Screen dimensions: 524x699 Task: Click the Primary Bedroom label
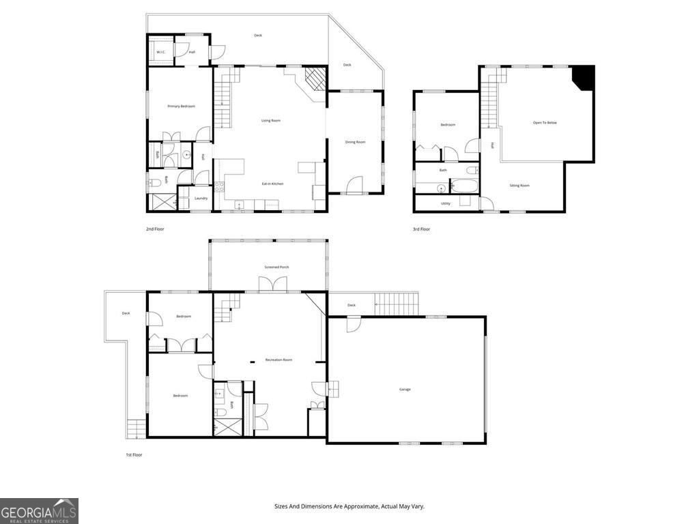point(182,106)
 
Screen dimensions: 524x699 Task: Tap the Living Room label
point(271,121)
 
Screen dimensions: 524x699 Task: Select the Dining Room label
point(355,142)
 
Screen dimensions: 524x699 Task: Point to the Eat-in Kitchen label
point(273,184)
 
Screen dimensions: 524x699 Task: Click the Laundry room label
point(201,199)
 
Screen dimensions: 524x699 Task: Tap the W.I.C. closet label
point(161,53)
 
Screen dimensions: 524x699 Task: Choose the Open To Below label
point(545,123)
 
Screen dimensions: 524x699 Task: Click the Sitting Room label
point(519,186)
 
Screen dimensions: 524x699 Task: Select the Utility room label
point(446,203)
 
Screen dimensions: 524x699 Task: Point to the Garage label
point(405,390)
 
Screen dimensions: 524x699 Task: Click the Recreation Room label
point(279,360)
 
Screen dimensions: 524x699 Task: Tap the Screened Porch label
point(276,267)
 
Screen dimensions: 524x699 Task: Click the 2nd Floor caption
point(155,229)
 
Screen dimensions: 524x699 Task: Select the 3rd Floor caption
point(421,229)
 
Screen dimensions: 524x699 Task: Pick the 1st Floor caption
point(133,454)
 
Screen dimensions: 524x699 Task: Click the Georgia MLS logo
point(39,510)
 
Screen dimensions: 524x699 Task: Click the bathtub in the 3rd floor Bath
point(464,186)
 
